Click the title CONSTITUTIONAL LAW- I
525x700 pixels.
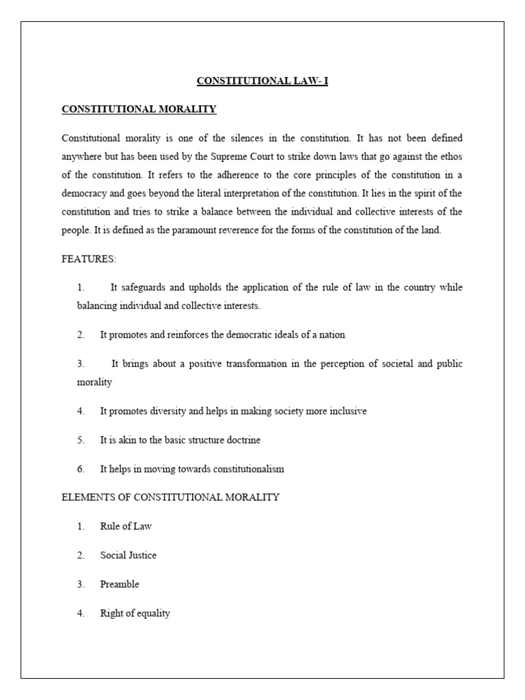(262, 81)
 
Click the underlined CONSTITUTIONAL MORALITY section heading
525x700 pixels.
(139, 109)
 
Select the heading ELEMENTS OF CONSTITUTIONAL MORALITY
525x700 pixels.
(170, 497)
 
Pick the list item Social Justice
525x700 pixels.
(129, 555)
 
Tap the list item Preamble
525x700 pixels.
(120, 584)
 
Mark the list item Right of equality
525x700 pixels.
(135, 613)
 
